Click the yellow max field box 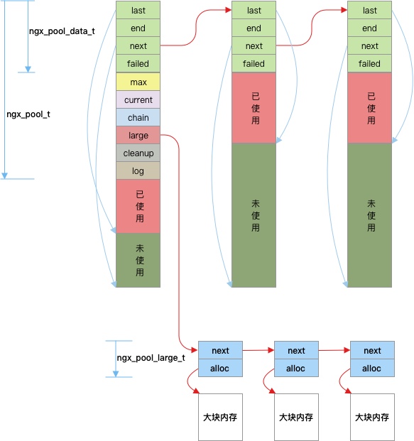click(138, 82)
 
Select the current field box click(138, 99)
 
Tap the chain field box click(138, 117)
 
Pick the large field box click(138, 135)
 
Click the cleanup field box click(138, 153)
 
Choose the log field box click(138, 170)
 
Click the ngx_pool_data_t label click(62, 31)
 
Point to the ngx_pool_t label click(28, 114)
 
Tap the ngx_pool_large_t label click(151, 358)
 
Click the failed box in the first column click(138, 64)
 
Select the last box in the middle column click(254, 10)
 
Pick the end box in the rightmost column click(369, 28)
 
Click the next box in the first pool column click(138, 45)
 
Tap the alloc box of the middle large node click(296, 368)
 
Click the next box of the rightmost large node click(372, 350)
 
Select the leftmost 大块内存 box click(221, 417)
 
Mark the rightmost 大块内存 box click(372, 417)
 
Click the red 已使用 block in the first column click(138, 207)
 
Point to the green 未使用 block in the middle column click(254, 215)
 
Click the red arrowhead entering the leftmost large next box click(195, 350)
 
